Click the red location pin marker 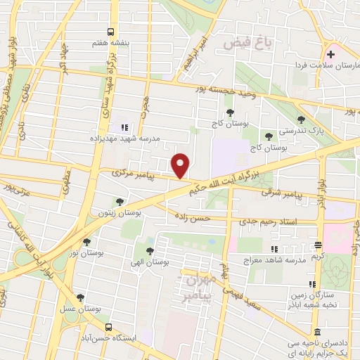181,165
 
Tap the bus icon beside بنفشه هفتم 110,32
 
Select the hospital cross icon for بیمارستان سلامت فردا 330,54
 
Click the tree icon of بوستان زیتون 119,201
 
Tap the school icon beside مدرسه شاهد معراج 274,249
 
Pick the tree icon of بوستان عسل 81,297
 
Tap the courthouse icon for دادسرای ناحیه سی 317,332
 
